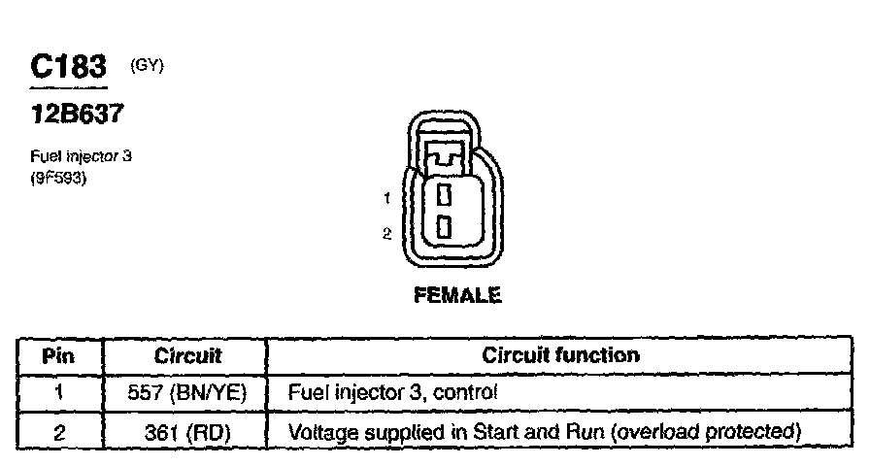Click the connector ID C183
tap(68, 67)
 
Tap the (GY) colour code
tap(147, 66)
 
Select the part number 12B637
tap(77, 115)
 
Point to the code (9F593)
tap(60, 178)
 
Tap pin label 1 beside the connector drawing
tap(386, 198)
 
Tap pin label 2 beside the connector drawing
tap(386, 233)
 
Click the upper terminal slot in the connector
tap(444, 194)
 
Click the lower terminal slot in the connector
tap(444, 227)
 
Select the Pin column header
tap(59, 355)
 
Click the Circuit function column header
tap(560, 355)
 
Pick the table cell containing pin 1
tap(59, 393)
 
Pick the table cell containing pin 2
tap(59, 431)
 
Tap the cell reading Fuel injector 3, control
tap(393, 393)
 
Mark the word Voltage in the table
tap(320, 431)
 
